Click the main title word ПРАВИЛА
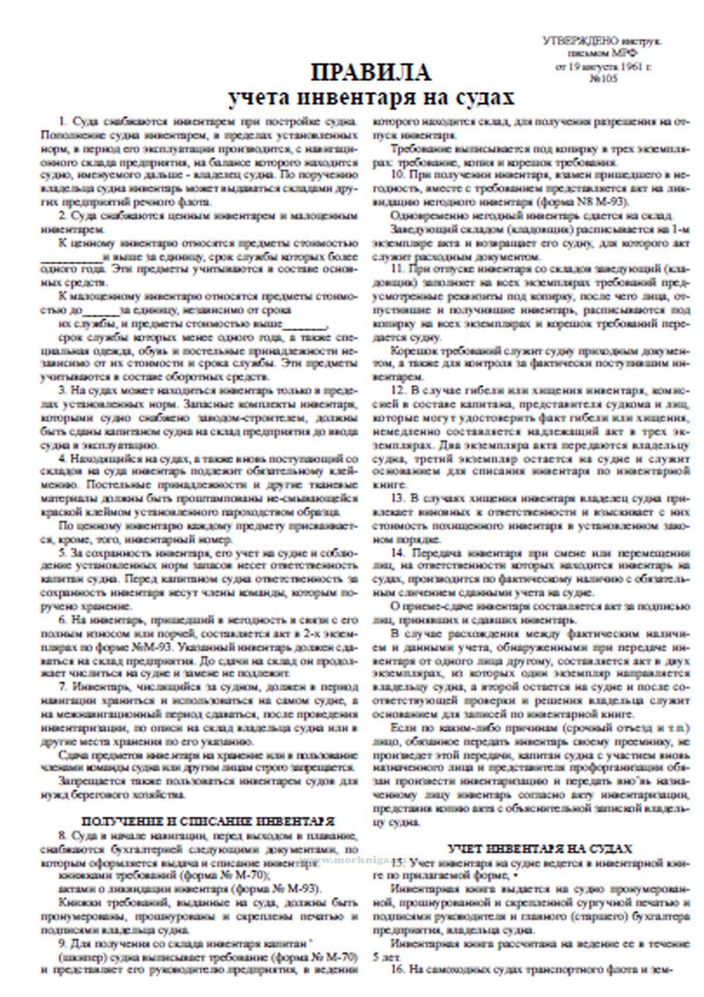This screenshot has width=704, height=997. [x=371, y=73]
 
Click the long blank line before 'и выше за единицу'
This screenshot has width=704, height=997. [x=71, y=257]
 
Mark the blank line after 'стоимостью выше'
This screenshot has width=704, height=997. [x=305, y=324]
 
